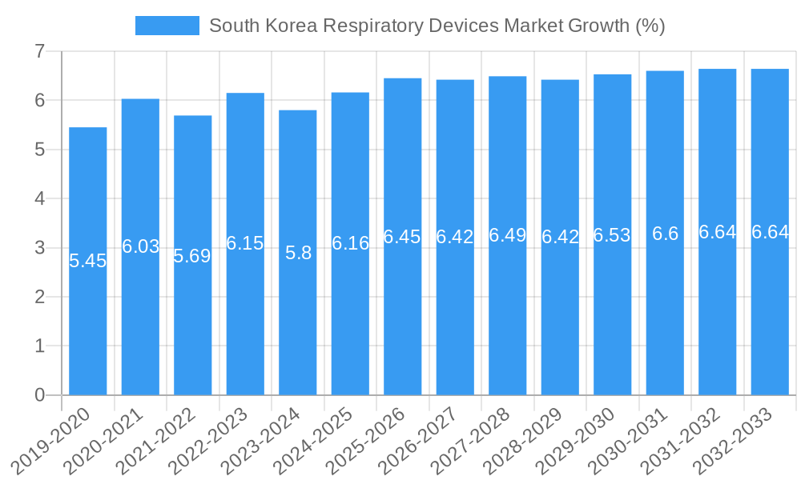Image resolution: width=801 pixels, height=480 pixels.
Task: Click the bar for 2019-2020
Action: [88, 320]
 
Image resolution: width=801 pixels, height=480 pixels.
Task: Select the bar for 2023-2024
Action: [298, 320]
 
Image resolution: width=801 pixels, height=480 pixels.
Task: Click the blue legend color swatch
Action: [167, 26]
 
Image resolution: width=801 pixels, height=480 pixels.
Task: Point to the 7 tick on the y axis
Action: [39, 52]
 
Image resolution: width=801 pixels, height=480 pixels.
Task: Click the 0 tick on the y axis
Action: [39, 395]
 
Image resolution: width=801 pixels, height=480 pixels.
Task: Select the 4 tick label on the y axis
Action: [39, 199]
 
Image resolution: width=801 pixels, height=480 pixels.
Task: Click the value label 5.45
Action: [88, 261]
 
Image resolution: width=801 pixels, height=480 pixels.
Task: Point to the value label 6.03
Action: [140, 246]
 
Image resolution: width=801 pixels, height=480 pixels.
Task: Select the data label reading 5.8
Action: [298, 253]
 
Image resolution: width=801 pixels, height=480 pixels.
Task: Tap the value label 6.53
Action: [612, 235]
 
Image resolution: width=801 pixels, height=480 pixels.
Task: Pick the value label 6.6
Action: [665, 234]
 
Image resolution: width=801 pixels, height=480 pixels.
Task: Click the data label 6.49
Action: [508, 235]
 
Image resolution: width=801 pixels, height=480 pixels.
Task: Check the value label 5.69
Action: [192, 256]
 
